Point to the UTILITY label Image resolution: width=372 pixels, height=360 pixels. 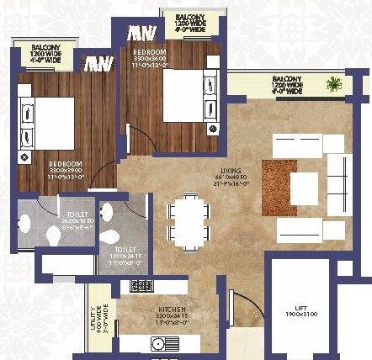tap(95, 319)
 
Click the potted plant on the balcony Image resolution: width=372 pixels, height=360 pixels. tap(335, 83)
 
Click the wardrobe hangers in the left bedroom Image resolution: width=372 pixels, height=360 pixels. tap(98, 63)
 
